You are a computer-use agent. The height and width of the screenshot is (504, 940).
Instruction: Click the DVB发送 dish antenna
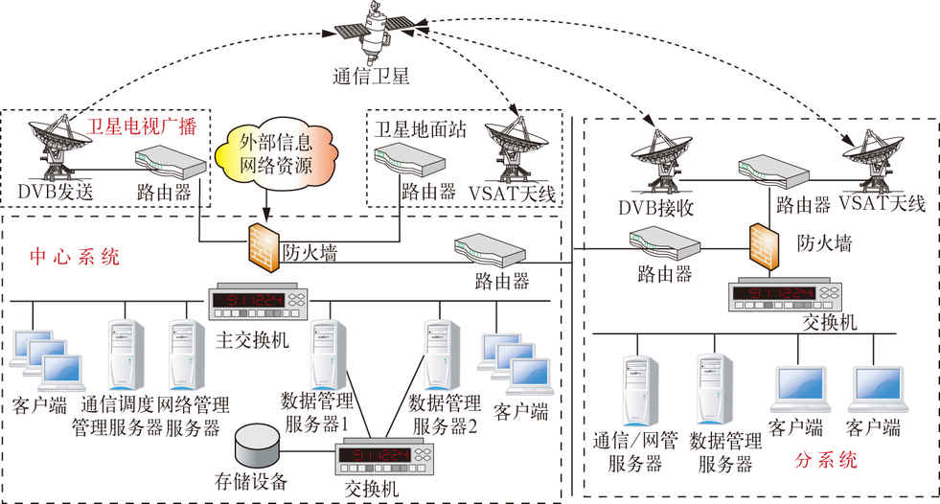(x=57, y=145)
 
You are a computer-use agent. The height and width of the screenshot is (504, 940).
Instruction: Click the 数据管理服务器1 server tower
(x=322, y=355)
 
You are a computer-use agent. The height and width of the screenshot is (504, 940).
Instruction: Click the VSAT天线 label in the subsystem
(x=882, y=203)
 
